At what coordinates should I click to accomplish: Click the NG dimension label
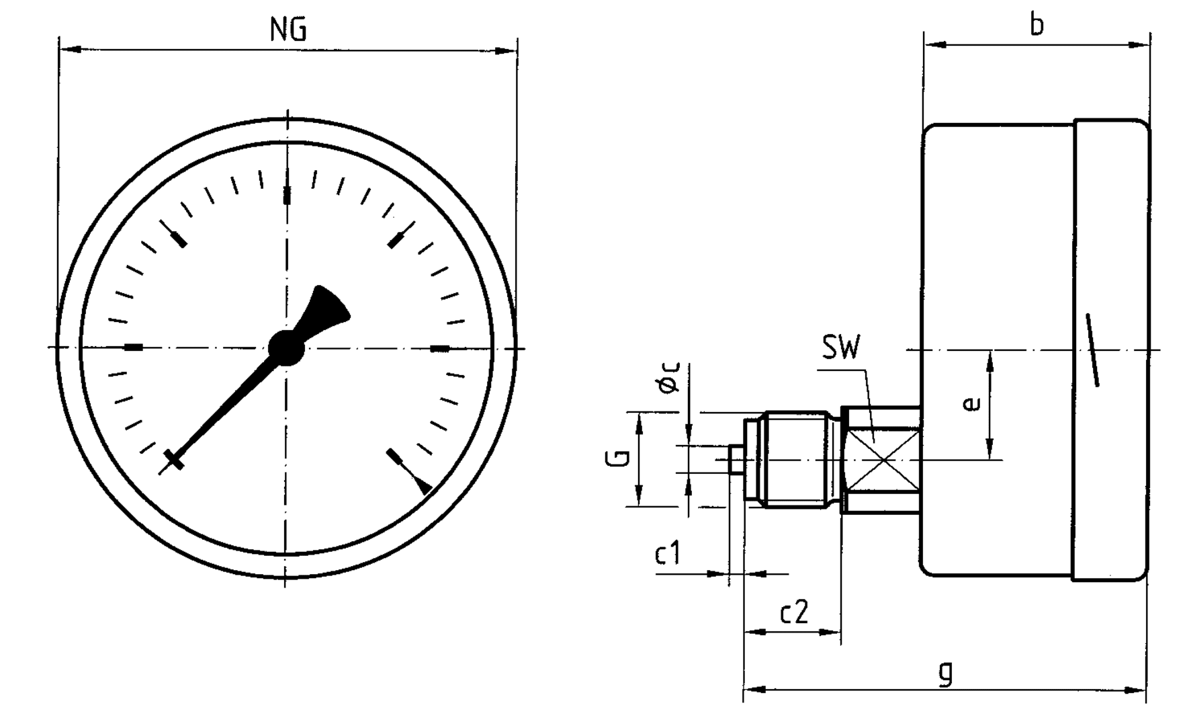coord(288,30)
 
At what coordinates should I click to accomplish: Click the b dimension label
coord(1037,26)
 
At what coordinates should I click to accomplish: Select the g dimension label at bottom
coord(945,673)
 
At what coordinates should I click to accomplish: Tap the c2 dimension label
coord(794,612)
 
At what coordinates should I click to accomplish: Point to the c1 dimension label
coord(668,555)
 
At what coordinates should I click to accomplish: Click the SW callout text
coord(840,348)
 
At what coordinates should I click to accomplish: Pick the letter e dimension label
coord(972,403)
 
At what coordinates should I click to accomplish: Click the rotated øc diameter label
coord(670,378)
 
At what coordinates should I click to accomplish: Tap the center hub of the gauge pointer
coord(286,348)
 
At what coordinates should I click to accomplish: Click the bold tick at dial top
coord(288,195)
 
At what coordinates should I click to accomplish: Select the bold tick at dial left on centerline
coord(134,348)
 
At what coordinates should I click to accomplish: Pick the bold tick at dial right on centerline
coord(439,348)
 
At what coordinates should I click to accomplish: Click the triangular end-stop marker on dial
coord(424,486)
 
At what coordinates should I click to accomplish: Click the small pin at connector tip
coord(736,460)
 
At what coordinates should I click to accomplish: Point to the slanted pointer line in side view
coord(1092,350)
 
